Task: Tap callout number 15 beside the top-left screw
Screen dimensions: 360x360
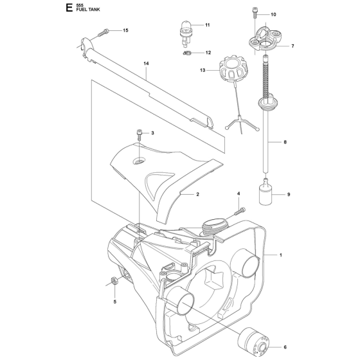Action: coord(125,31)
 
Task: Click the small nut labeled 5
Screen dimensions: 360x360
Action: coord(112,280)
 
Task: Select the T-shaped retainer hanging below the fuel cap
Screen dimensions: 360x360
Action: coord(241,123)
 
